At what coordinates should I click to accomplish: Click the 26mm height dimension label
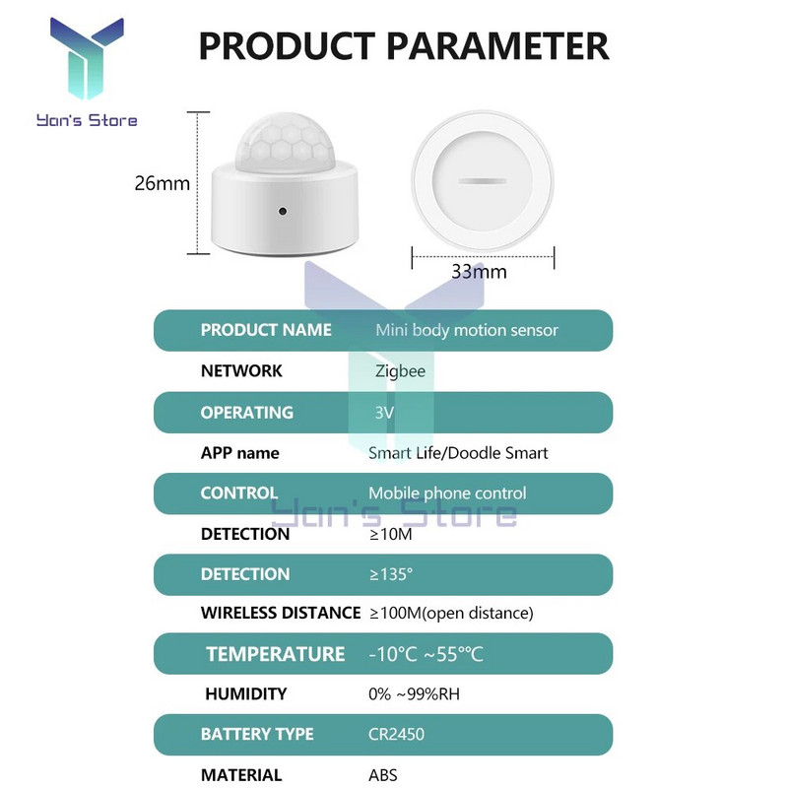pos(162,183)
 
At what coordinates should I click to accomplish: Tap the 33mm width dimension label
pos(479,271)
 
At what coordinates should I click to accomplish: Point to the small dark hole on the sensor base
pos(283,211)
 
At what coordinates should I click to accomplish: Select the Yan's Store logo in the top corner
pos(86,74)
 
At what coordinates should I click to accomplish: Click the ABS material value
pos(382,775)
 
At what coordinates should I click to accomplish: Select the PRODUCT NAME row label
pos(266,330)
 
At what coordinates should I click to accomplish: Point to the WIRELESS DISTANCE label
pos(281,613)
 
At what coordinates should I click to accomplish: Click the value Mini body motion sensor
pos(467,330)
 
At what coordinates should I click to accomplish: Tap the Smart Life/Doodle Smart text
pos(458,453)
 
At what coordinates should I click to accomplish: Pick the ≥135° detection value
pos(391,574)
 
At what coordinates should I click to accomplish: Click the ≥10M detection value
pos(390,534)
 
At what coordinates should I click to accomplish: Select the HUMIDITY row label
pos(246,694)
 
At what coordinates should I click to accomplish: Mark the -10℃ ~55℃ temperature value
pos(426,654)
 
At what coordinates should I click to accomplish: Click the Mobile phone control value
pos(447,493)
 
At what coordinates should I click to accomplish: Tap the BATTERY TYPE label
pos(257,735)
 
